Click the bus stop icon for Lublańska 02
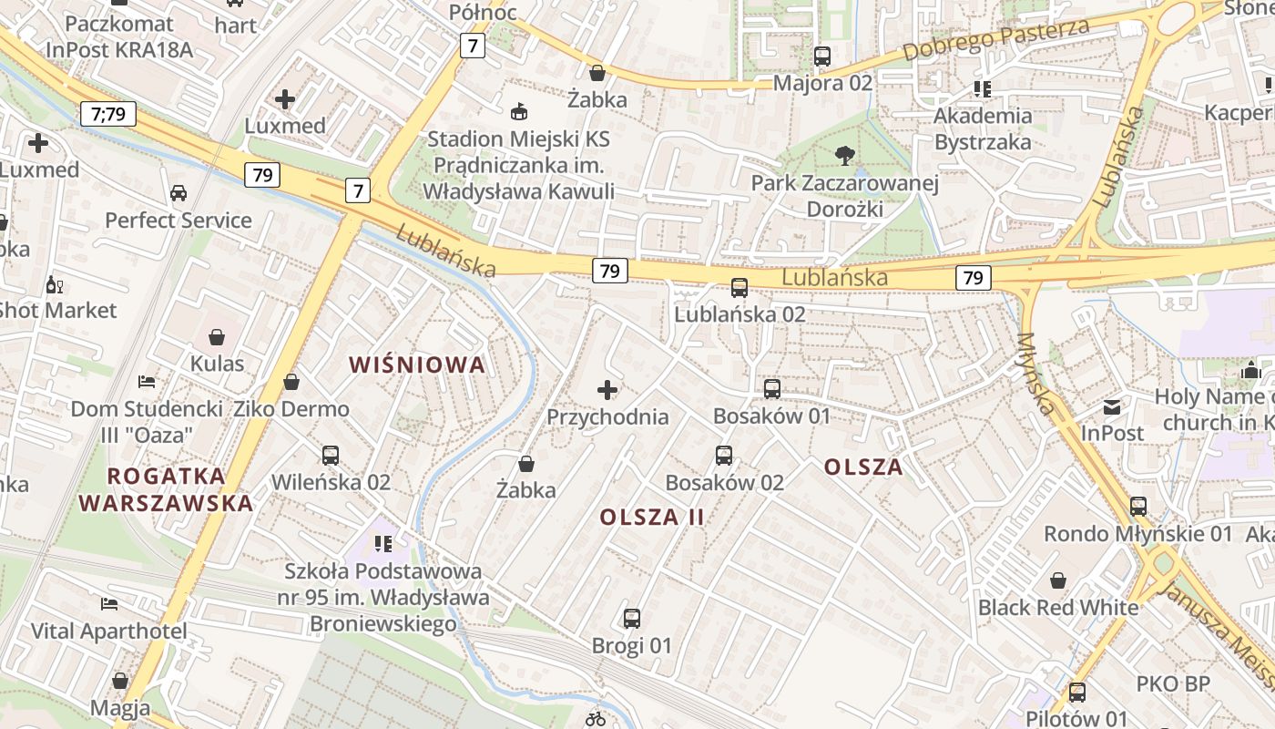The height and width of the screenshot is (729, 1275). click(739, 288)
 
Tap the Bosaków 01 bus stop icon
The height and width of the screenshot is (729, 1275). click(772, 389)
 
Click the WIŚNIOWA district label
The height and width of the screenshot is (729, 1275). click(418, 365)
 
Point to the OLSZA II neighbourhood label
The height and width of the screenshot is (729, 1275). click(652, 518)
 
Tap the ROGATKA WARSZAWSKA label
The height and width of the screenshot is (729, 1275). click(166, 489)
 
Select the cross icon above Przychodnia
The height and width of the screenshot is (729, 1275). click(607, 391)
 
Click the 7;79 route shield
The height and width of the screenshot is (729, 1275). click(108, 114)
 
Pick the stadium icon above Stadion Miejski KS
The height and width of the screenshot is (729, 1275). click(519, 112)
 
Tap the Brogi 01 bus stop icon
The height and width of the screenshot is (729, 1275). click(632, 619)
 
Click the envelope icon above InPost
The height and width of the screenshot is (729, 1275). click(1112, 406)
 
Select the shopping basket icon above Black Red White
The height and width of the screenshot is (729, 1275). click(1058, 580)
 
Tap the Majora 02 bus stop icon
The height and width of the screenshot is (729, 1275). click(822, 56)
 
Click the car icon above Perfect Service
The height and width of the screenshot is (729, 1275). click(178, 193)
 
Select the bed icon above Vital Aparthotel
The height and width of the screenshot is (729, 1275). click(109, 604)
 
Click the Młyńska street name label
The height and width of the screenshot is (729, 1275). click(1037, 374)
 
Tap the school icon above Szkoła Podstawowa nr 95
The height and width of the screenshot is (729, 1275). click(383, 544)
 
